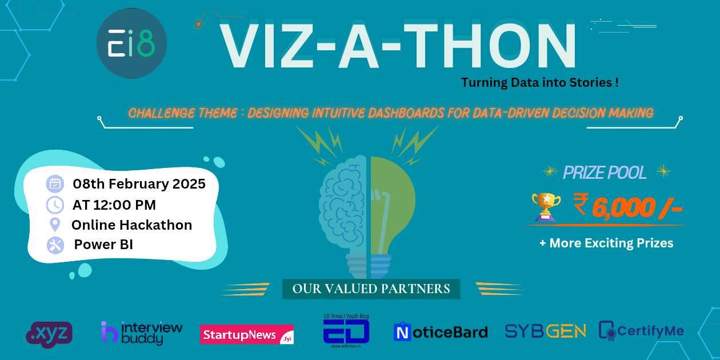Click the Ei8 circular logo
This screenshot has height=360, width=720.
coord(131,43)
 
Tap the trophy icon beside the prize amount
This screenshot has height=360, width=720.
coord(545,206)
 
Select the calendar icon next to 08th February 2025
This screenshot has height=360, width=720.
coord(55,184)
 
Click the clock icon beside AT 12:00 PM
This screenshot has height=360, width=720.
coord(55,205)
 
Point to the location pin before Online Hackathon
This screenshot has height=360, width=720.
coord(55,225)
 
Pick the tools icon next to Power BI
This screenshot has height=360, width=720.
coord(55,245)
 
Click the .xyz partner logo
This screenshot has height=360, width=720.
coord(49,334)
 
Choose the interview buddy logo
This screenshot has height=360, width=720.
coord(141,333)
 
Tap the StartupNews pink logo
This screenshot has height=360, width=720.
coord(246,334)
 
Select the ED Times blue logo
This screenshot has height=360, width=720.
coord(346,330)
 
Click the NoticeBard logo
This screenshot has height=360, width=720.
coord(440,332)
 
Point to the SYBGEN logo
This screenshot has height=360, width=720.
coord(545,331)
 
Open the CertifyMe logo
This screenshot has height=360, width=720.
coord(641,331)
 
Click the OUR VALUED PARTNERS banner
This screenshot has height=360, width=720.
coord(371,289)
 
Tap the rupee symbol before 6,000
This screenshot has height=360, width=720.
coord(580,205)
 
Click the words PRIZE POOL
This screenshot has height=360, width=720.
coord(605,173)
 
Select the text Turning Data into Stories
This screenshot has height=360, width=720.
coord(540,82)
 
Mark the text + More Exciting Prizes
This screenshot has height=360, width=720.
coord(606,243)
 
